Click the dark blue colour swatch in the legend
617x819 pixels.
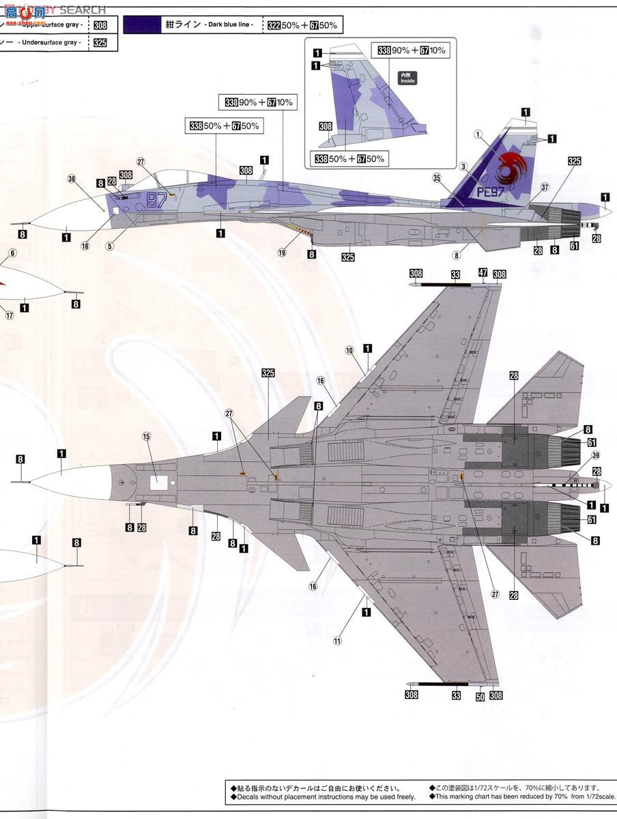pos(142,25)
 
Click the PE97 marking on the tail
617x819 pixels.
pos(490,192)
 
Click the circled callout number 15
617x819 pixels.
pos(146,436)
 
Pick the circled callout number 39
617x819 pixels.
pos(596,456)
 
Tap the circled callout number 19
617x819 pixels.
pos(282,253)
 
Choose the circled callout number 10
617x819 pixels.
pos(349,350)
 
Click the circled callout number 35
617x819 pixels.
pos(456,177)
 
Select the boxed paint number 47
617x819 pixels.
pos(483,273)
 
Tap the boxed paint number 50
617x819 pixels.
pos(480,696)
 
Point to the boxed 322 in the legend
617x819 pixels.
pos(274,25)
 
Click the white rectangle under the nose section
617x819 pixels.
pos(158,482)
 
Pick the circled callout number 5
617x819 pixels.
pos(109,246)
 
